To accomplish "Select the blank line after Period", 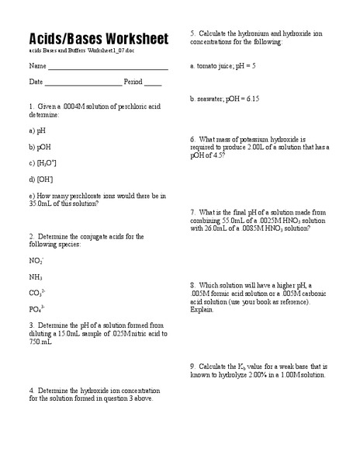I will (153, 85).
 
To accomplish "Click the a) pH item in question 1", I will (38, 130).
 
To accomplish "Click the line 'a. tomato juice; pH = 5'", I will (223, 66).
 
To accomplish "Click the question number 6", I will (192, 138).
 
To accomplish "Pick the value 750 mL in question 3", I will (40, 341).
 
